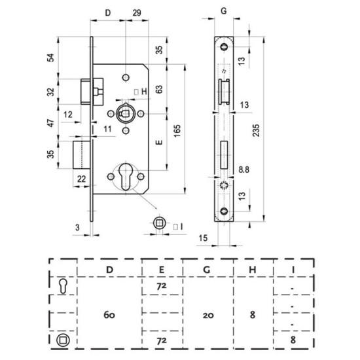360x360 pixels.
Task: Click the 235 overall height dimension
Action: (256, 130)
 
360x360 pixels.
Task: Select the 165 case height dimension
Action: (177, 131)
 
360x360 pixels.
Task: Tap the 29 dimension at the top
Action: (137, 13)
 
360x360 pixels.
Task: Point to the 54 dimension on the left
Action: (51, 58)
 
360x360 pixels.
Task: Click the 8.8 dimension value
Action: (243, 170)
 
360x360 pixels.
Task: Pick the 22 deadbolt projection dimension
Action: (82, 179)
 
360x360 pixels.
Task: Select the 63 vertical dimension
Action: (159, 89)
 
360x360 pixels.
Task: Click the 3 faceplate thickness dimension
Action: (78, 228)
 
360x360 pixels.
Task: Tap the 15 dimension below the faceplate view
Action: (203, 238)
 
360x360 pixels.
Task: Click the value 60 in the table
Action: (109, 315)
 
